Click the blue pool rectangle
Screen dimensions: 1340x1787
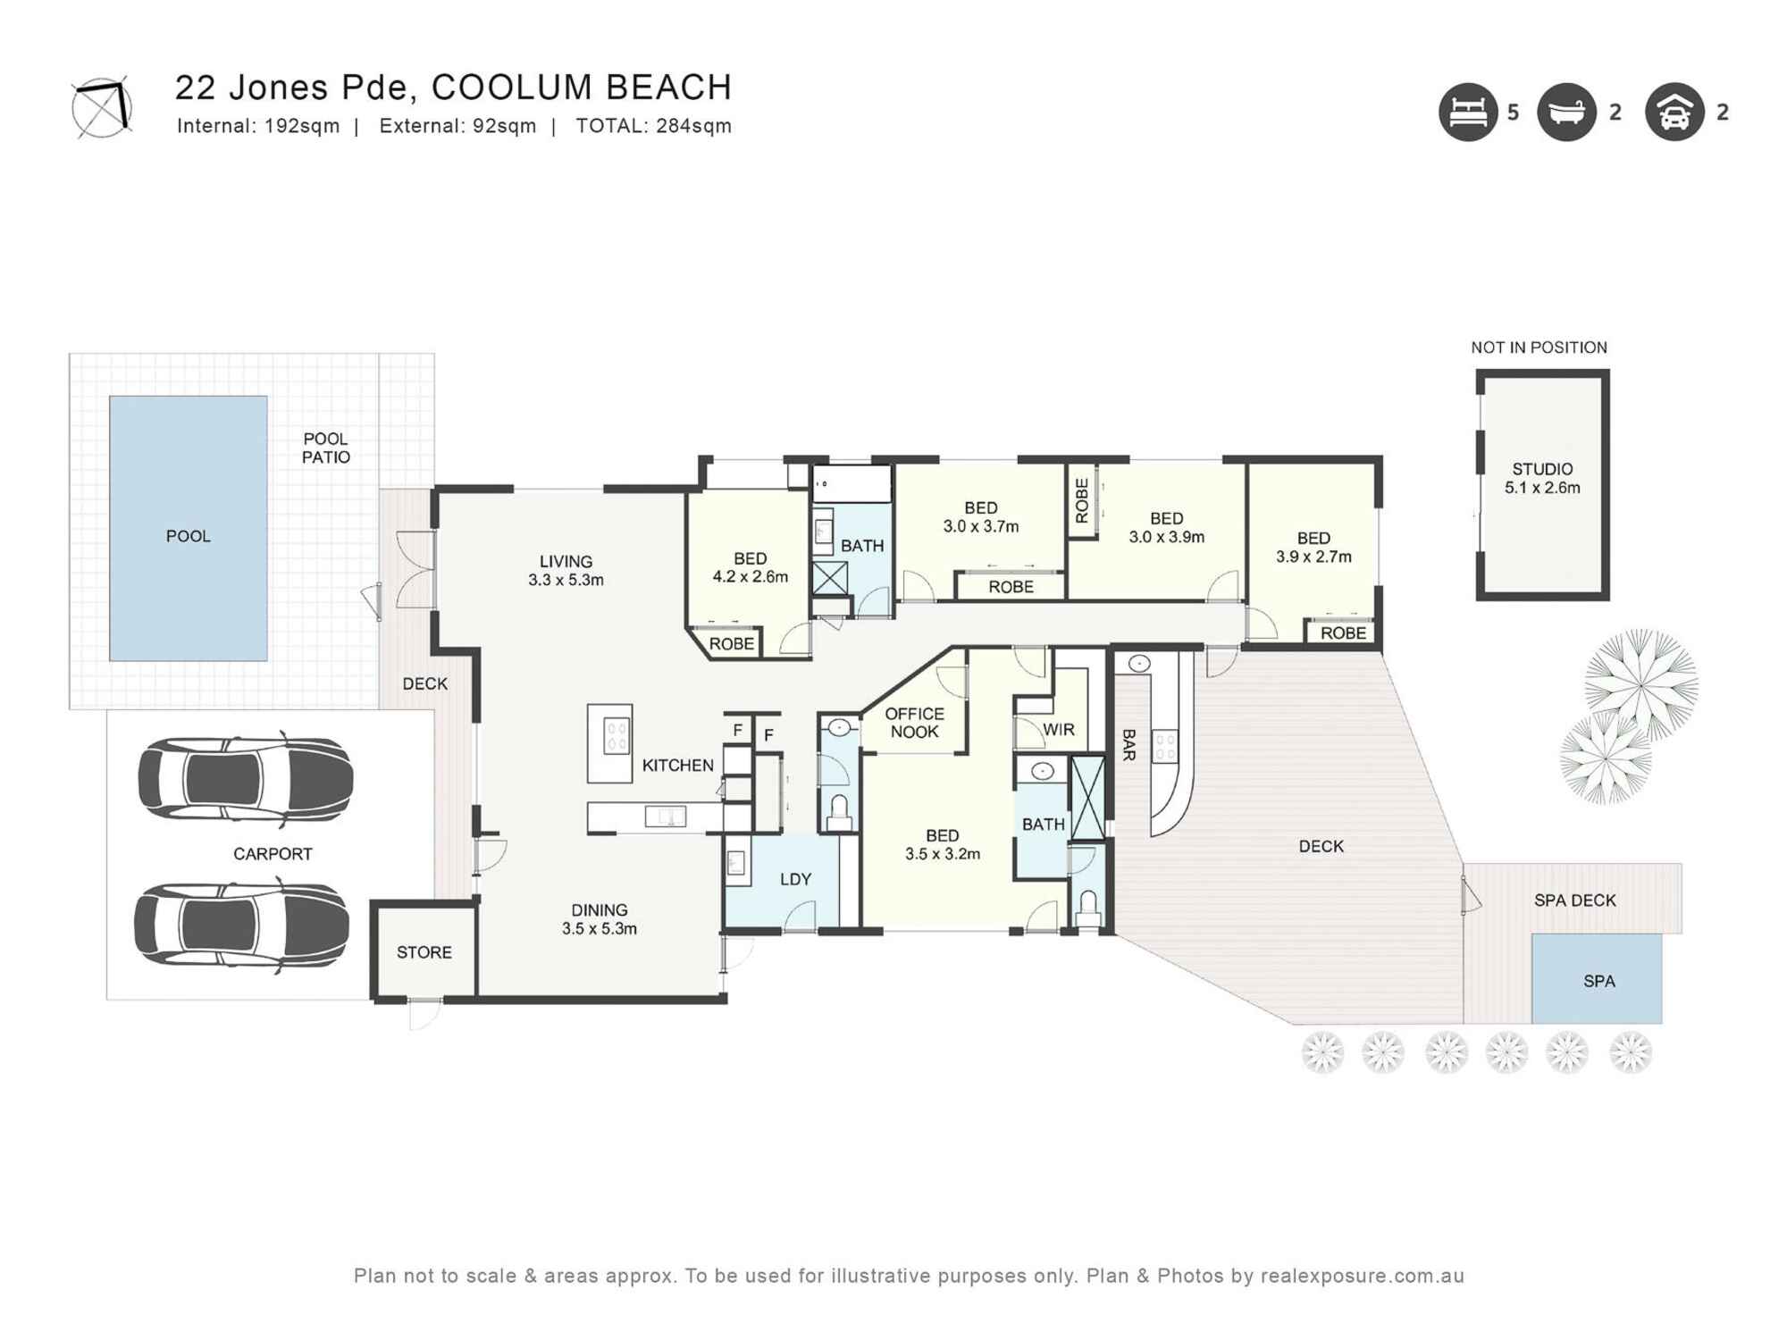tap(188, 528)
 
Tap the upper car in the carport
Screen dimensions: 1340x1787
tap(245, 779)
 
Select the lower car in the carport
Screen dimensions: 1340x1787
tap(241, 925)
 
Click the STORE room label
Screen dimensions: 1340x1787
tap(424, 952)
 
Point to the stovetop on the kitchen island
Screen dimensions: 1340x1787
tap(617, 737)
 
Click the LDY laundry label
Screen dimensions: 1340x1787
tap(795, 879)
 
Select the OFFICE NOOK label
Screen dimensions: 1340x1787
tap(914, 723)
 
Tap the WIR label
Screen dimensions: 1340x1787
tap(1058, 730)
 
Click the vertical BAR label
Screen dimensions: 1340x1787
tap(1128, 744)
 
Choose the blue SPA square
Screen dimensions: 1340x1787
tap(1598, 980)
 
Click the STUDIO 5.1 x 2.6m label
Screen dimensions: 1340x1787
tap(1542, 478)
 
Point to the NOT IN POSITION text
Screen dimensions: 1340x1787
tap(1539, 348)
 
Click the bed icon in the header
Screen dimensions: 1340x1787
tap(1467, 113)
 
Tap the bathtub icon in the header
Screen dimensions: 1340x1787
tap(1566, 113)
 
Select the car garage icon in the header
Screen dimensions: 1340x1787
tap(1674, 113)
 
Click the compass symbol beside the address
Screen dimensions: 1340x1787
tap(102, 107)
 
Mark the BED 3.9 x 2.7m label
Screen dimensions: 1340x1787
tap(1313, 547)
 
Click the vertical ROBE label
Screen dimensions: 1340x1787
tap(1082, 500)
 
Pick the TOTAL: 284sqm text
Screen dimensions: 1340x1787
tap(653, 126)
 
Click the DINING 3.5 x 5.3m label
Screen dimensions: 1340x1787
tap(599, 919)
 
